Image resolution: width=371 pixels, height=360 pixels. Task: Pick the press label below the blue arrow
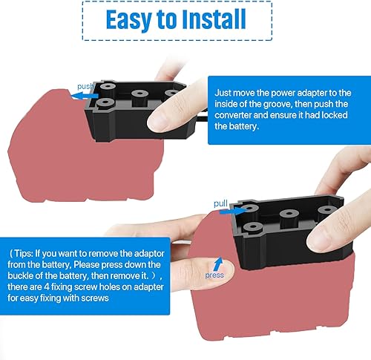[215, 274]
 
